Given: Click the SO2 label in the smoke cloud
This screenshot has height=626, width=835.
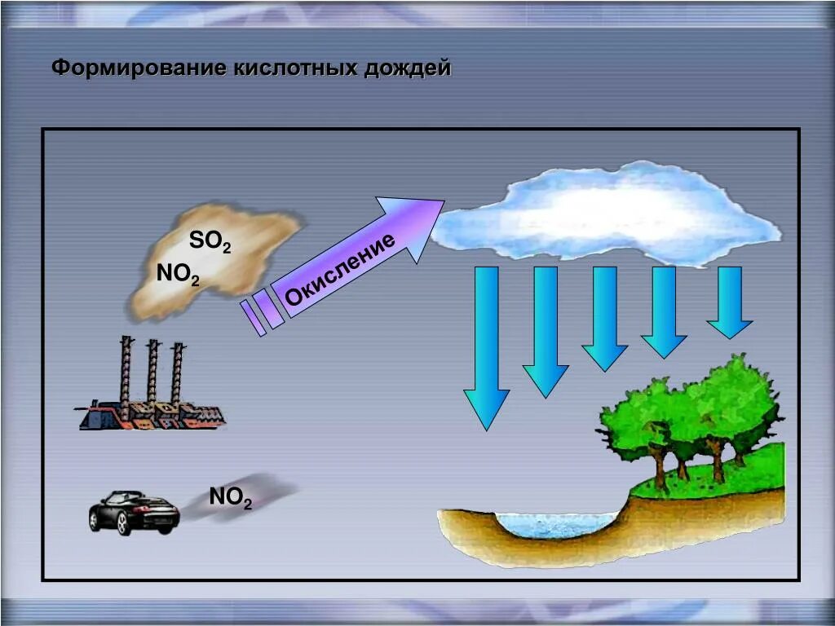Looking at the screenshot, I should tap(210, 241).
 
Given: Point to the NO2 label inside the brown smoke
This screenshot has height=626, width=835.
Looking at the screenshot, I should tap(178, 274).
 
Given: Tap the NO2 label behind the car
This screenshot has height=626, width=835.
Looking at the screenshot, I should tap(230, 496).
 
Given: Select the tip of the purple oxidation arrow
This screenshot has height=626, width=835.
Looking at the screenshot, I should tap(440, 203).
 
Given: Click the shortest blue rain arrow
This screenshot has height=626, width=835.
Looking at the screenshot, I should tap(729, 302).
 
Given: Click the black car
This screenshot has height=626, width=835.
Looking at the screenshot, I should tap(134, 512).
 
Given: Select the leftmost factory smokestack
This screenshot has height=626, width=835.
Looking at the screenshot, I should tap(126, 371).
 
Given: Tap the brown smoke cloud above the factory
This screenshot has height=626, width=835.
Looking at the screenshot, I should tap(216, 261).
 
